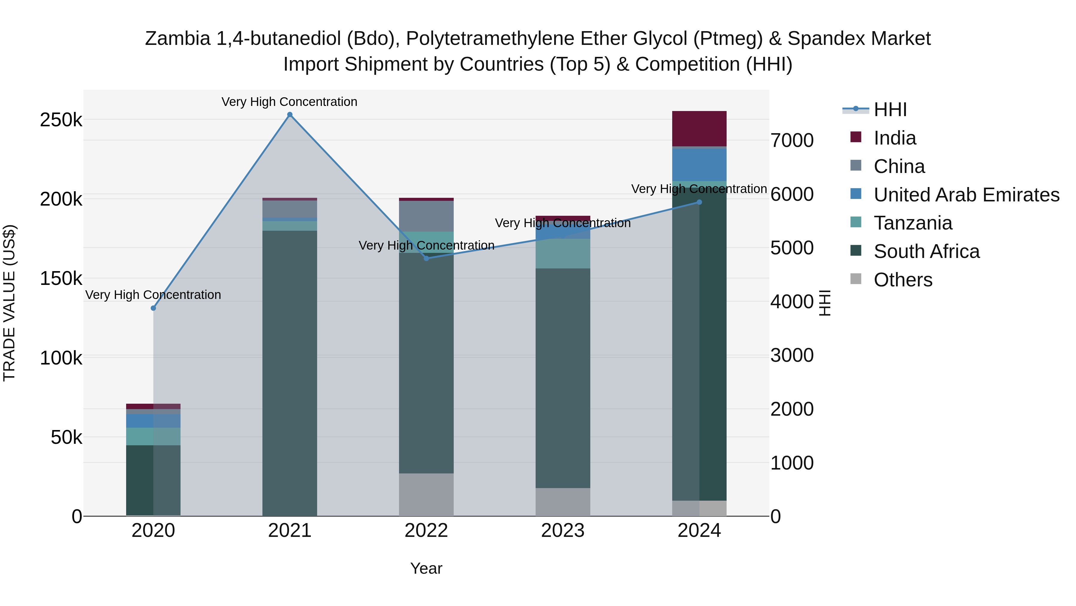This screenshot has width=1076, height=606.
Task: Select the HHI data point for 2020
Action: click(x=153, y=308)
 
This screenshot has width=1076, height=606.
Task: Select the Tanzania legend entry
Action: click(x=913, y=223)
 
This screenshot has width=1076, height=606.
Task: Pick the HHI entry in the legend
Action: click(x=890, y=110)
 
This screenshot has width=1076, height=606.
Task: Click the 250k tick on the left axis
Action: click(x=61, y=120)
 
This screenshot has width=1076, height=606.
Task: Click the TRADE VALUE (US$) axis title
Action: click(x=9, y=303)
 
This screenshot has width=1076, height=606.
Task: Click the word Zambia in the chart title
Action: click(x=178, y=39)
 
